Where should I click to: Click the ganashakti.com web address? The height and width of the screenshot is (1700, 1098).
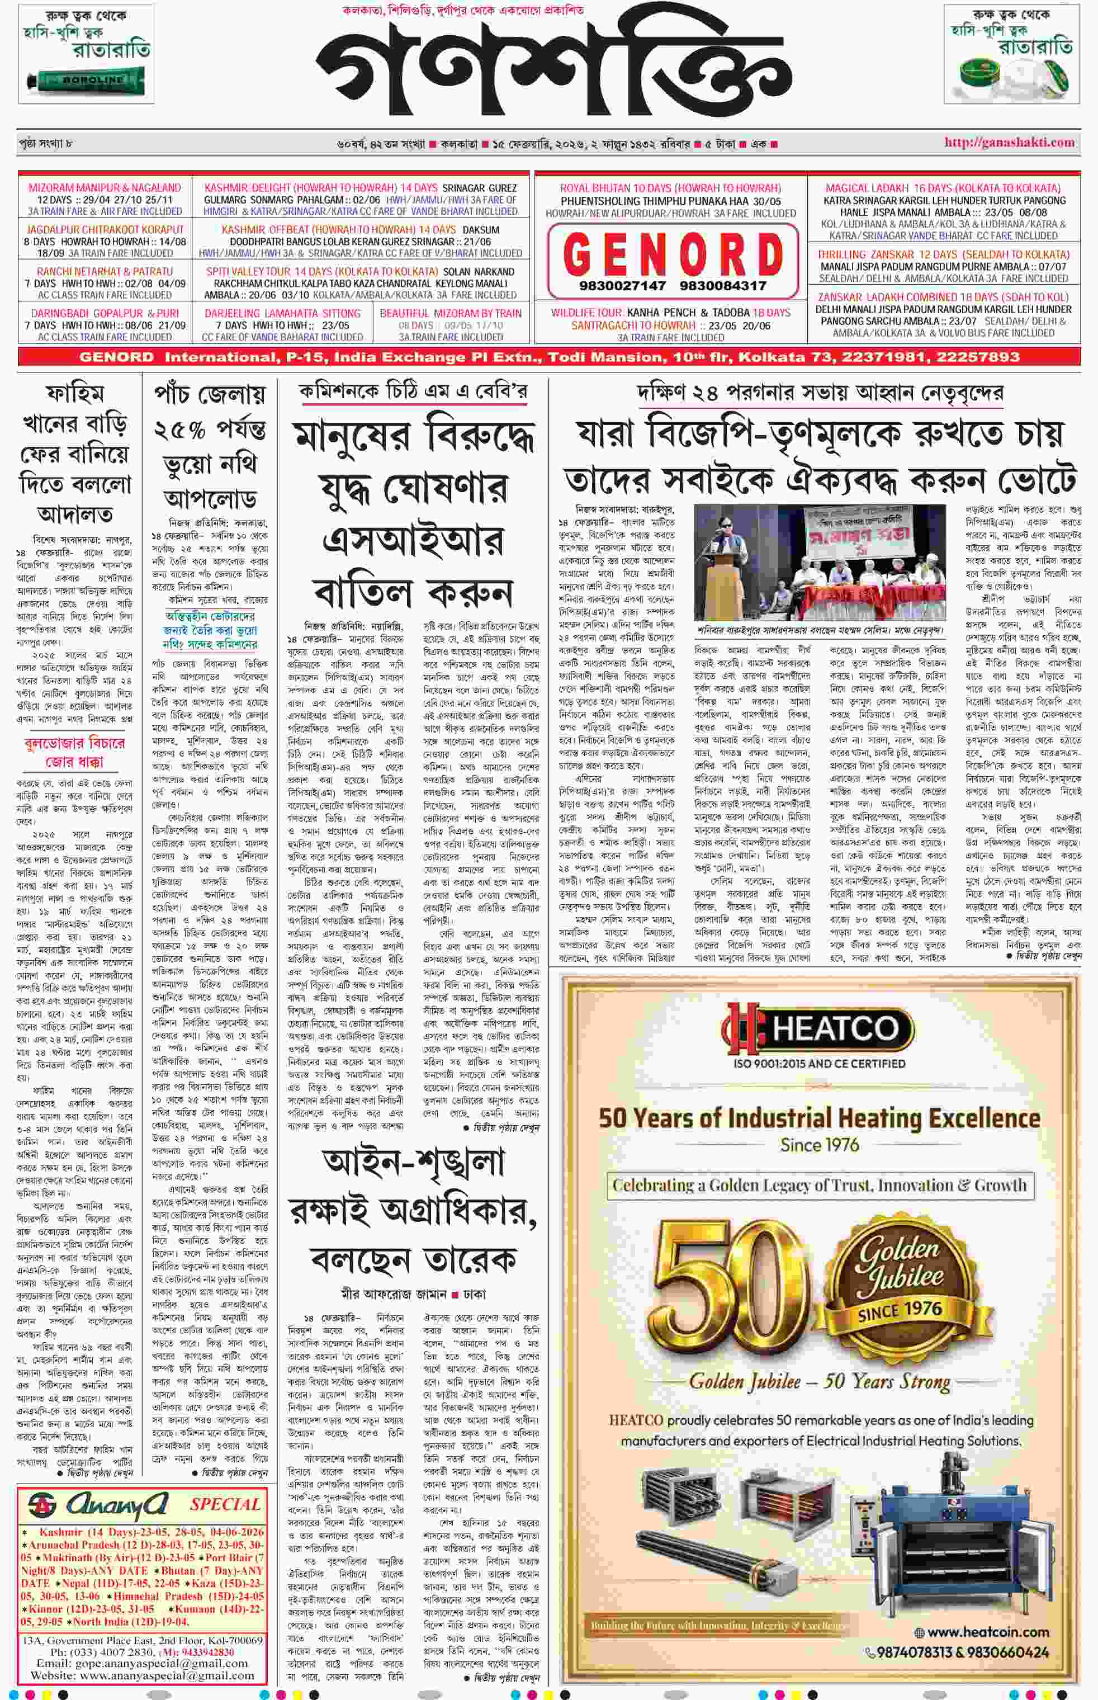pos(1009,142)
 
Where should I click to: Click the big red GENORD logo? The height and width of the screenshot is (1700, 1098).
pos(673,253)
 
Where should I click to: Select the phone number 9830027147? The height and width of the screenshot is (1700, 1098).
pos(622,285)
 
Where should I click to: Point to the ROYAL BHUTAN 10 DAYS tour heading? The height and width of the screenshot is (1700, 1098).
pos(670,189)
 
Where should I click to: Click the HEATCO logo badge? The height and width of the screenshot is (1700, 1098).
pos(818,1028)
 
